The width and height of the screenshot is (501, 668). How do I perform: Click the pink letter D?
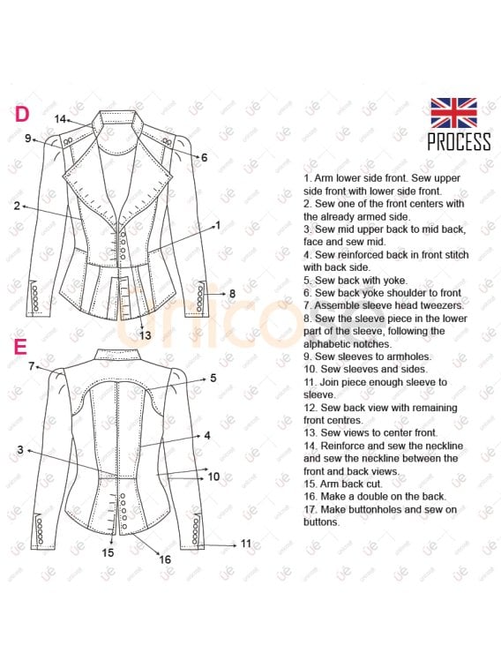tap(23, 114)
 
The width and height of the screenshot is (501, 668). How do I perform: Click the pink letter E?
tap(20, 347)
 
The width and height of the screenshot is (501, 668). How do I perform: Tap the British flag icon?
tap(453, 113)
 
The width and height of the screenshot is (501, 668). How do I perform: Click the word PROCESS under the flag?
tap(459, 141)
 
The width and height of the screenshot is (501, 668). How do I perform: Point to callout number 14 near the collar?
tap(60, 119)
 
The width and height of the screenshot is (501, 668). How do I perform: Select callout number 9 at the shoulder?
tap(28, 138)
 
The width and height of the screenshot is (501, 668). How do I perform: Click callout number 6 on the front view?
tap(205, 158)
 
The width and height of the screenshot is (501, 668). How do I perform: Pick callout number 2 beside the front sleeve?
tap(17, 206)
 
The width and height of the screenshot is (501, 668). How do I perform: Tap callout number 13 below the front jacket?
tap(146, 335)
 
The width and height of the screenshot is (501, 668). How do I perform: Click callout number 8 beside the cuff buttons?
tap(232, 294)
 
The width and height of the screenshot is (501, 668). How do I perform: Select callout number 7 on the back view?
tap(32, 366)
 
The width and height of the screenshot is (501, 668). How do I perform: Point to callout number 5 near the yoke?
tap(213, 378)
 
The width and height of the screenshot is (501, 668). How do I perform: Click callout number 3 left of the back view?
tap(20, 450)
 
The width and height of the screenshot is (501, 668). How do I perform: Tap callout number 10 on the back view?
tap(213, 477)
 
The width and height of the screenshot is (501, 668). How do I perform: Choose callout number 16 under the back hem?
tap(165, 559)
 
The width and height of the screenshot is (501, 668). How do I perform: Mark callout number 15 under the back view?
tap(108, 552)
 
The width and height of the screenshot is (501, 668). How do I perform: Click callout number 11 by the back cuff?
tap(246, 544)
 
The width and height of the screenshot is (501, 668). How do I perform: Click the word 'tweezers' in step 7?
tap(442, 305)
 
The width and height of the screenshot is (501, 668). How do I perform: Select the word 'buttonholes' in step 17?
tap(376, 509)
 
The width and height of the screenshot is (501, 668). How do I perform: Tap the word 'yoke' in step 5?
tap(396, 281)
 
